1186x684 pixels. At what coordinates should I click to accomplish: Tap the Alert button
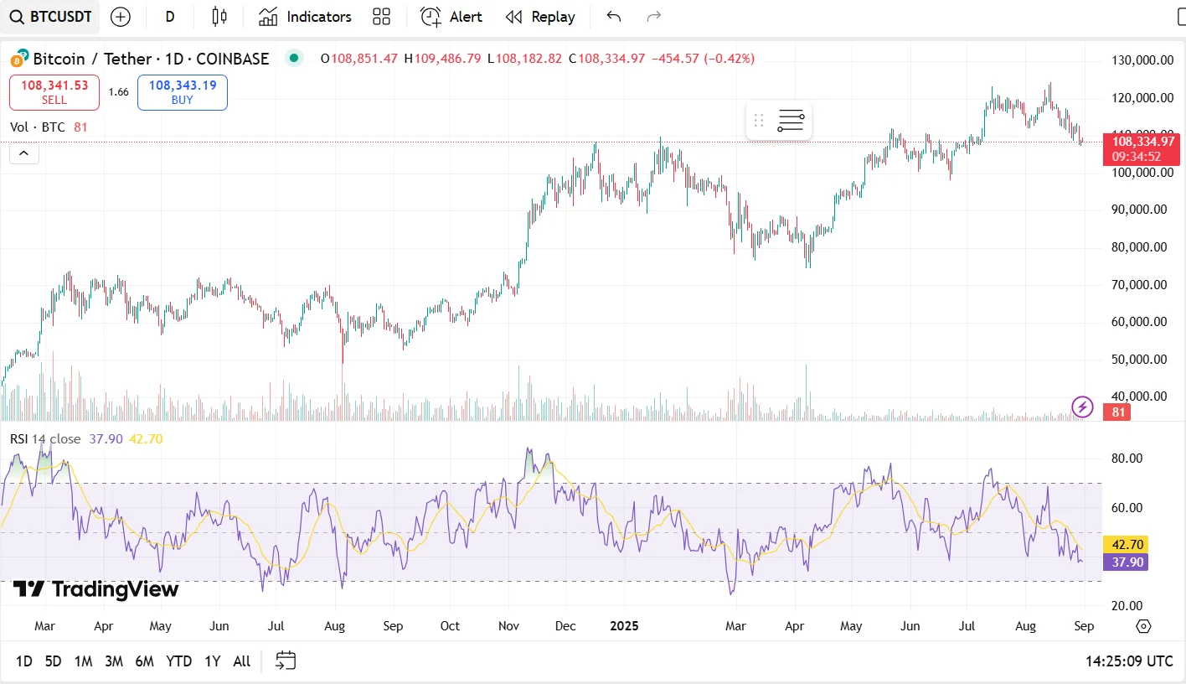click(x=451, y=17)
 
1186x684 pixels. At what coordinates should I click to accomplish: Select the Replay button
click(x=540, y=17)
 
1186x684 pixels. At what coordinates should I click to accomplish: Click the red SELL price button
click(x=54, y=92)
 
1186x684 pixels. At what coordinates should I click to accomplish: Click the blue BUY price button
click(x=182, y=92)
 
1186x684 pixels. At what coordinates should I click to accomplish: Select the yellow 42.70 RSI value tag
click(x=1125, y=544)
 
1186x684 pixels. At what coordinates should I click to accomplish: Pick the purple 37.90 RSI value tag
click(x=1125, y=562)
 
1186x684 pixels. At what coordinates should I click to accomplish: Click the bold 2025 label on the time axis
click(x=624, y=626)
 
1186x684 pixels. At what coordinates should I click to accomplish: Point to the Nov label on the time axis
click(x=508, y=626)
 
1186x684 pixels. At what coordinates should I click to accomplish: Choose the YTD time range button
click(x=179, y=661)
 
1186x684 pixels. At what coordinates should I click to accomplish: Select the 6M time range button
click(x=144, y=661)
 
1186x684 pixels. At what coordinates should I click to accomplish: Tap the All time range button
click(x=242, y=661)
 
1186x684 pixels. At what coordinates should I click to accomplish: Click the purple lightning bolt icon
click(x=1083, y=407)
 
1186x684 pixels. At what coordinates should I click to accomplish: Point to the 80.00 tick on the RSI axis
click(x=1127, y=459)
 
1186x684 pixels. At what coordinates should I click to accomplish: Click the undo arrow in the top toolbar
click(x=614, y=17)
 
